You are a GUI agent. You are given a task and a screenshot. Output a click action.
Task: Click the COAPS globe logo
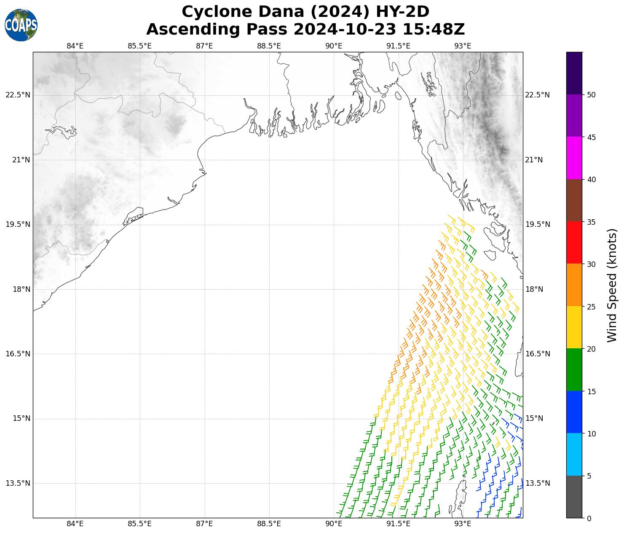coord(21,25)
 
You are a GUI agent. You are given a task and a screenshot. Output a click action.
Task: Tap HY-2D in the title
coord(402,12)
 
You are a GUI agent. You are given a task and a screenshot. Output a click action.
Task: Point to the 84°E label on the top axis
coord(75,46)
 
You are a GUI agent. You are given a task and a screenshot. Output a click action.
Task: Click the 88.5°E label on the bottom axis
coord(269,524)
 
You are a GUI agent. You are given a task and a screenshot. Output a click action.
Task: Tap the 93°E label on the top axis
coord(463,46)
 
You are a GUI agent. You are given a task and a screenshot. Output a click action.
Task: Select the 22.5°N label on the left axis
coord(18,95)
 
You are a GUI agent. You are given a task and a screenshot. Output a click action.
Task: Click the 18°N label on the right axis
coord(534,289)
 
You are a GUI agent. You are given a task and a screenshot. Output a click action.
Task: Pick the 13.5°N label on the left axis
coord(18,483)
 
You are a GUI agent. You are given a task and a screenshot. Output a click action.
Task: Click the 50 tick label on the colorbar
coord(591,94)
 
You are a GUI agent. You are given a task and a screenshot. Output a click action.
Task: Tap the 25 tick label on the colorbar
coord(591,307)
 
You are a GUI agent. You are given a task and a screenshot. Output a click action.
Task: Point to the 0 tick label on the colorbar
coord(589,518)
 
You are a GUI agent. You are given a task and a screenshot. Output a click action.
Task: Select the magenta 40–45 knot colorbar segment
coord(574,158)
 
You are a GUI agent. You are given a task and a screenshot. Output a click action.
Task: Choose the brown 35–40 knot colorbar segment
coord(574,200)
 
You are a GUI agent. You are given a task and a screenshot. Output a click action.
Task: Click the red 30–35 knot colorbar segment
coord(574,243)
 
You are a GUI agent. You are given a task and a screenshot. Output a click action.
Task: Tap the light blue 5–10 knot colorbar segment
coord(574,455)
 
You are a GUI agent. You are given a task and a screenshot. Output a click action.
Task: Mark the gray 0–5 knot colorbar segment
coord(574,497)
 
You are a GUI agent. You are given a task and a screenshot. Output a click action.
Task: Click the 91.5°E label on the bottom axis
coord(398,524)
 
